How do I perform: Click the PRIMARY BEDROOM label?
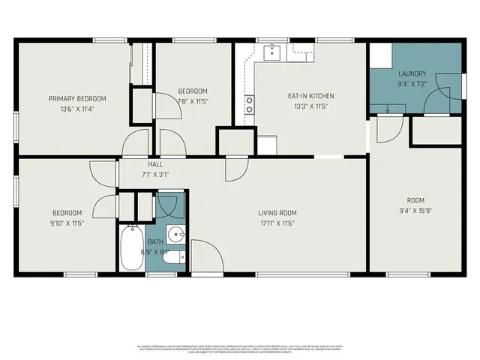tap(77, 98)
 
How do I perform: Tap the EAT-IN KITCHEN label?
tap(310, 96)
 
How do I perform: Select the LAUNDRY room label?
tap(412, 73)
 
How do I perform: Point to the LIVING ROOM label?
tap(277, 212)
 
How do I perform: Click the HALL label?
tap(155, 164)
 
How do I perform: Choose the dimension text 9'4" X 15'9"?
tap(415, 210)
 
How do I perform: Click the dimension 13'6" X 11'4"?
tap(77, 109)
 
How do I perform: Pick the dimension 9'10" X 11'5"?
tap(66, 223)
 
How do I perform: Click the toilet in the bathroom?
tap(173, 257)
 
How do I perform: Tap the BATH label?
tap(154, 241)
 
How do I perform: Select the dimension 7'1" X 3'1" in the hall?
tap(155, 174)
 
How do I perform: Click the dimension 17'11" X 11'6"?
tap(277, 223)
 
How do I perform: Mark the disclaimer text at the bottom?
tap(240, 349)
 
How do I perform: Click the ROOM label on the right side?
tap(415, 200)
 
